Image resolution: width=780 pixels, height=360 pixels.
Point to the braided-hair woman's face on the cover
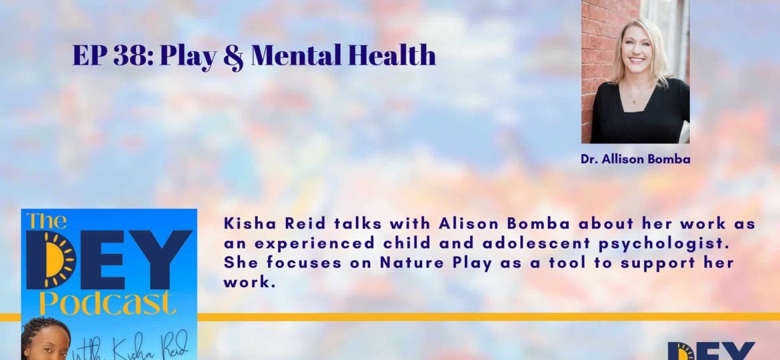tap(47, 343)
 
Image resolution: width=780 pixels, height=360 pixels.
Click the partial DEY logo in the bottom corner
tap(711, 351)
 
